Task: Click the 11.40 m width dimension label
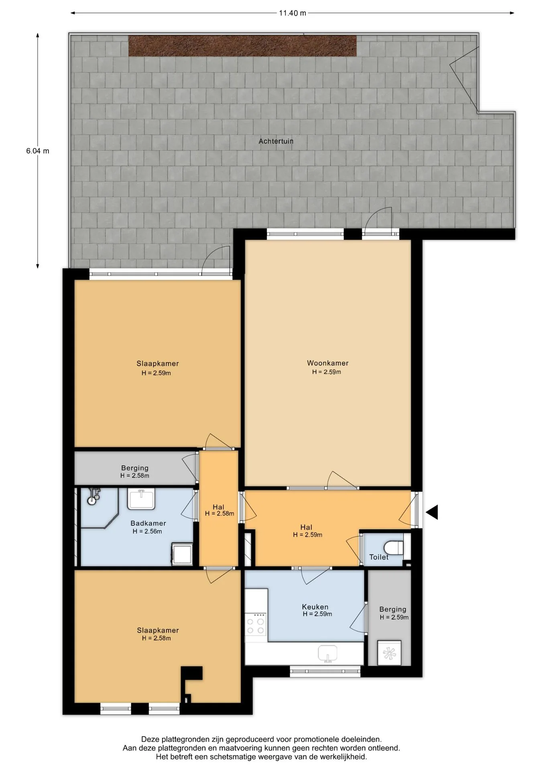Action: [x=293, y=13]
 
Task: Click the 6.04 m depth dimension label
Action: [x=38, y=151]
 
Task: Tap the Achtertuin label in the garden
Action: [x=276, y=141]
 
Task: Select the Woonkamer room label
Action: [x=327, y=363]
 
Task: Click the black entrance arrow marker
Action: [x=432, y=512]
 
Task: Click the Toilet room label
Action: [x=379, y=557]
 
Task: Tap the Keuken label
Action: [x=315, y=607]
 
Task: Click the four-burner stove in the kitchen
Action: [x=256, y=624]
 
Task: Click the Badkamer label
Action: [x=148, y=523]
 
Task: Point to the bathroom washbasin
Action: [x=141, y=499]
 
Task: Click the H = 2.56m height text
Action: [x=147, y=532]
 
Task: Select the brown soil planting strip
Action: [x=242, y=46]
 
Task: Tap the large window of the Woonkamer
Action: [x=305, y=234]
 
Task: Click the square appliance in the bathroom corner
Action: [x=183, y=555]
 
